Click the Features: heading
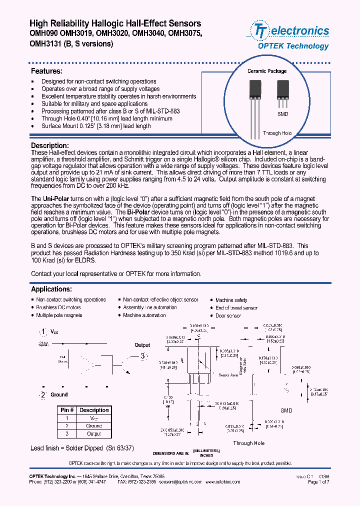tap(46, 71)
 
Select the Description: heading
tap(49, 145)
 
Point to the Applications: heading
tap(51, 289)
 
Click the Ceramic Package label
tap(267, 71)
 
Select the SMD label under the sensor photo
tap(282, 114)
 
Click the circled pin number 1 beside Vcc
tap(44, 332)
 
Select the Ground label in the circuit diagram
tap(59, 394)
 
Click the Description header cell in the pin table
tap(94, 410)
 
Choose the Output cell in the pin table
tap(94, 434)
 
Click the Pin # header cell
tap(66, 410)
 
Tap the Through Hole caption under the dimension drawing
tap(248, 443)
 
